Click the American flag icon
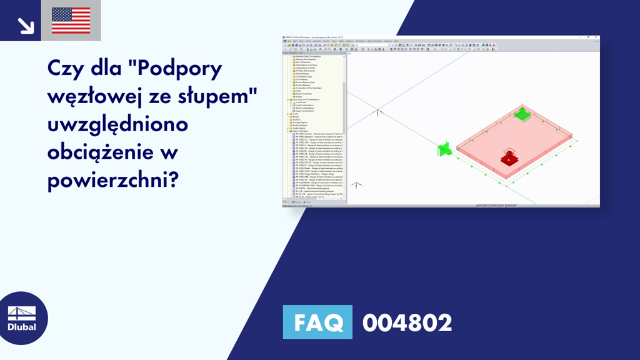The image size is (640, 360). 71,20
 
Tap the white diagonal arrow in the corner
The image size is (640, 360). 25,25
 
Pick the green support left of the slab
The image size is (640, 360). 444,149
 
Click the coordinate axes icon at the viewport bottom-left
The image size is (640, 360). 356,185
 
